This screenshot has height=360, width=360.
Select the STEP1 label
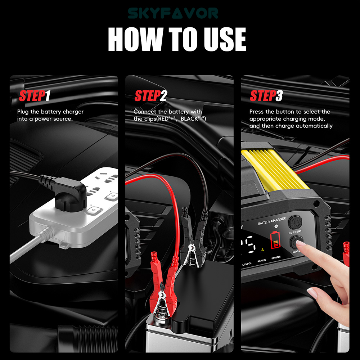pyautogui.click(x=35, y=96)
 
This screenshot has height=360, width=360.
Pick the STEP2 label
pyautogui.click(x=151, y=96)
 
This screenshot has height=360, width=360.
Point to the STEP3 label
pyautogui.click(x=266, y=96)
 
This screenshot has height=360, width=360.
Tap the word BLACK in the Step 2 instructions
pyautogui.click(x=189, y=119)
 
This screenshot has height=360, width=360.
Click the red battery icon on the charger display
pyautogui.click(x=275, y=239)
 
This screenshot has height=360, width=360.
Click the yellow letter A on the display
pyautogui.click(x=262, y=249)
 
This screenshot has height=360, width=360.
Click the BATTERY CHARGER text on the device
pyautogui.click(x=272, y=221)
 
